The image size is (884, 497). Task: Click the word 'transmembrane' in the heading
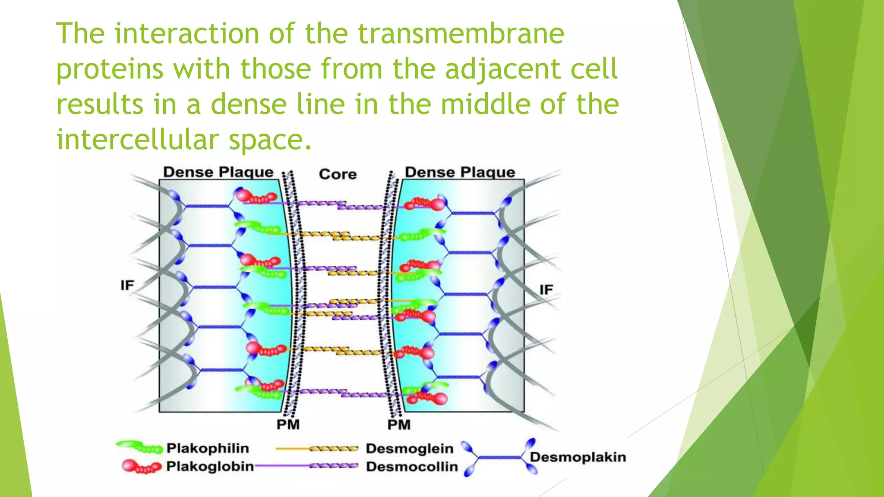click(x=461, y=34)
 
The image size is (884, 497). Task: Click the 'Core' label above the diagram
click(x=338, y=174)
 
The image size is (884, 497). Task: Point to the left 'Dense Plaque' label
click(x=218, y=172)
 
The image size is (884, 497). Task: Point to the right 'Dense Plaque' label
click(x=460, y=172)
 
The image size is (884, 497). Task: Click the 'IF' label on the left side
click(x=127, y=285)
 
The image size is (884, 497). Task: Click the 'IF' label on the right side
click(x=546, y=289)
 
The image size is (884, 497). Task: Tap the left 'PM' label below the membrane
click(x=288, y=425)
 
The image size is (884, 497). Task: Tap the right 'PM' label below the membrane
click(x=399, y=425)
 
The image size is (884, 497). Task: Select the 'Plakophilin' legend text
click(x=208, y=448)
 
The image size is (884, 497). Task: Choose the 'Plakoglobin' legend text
click(x=210, y=466)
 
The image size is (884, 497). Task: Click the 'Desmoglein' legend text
click(x=409, y=449)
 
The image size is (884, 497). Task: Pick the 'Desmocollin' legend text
click(x=412, y=466)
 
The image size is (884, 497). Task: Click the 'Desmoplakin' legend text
click(x=578, y=457)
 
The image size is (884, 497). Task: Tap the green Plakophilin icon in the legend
click(x=139, y=447)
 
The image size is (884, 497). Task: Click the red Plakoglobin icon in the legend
click(x=141, y=466)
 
